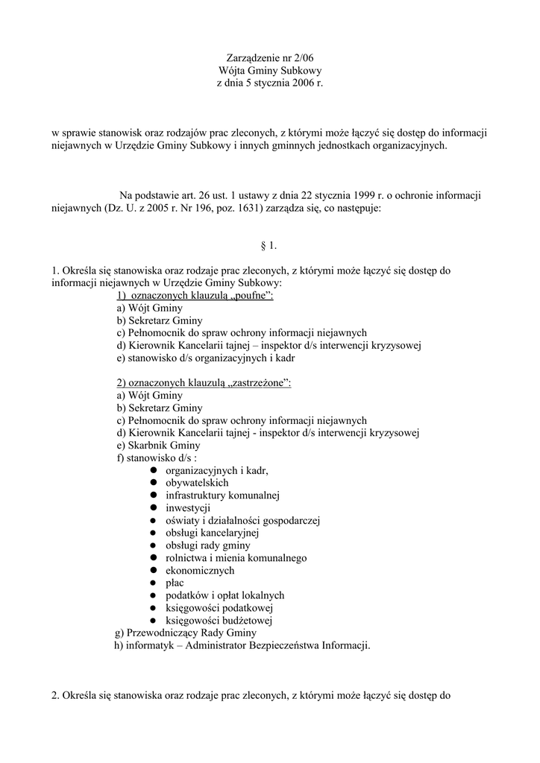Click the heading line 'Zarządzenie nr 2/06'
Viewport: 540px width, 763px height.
coord(269,57)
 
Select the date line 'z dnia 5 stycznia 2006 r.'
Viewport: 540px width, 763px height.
coord(269,83)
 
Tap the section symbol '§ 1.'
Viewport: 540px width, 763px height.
coord(269,245)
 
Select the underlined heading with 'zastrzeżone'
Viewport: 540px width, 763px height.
coord(204,383)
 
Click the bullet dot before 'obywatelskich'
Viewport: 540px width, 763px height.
coord(151,483)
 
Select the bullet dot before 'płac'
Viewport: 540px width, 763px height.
coord(151,583)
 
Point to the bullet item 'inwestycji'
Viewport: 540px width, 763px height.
coord(188,508)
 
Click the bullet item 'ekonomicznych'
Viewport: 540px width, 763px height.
coord(200,571)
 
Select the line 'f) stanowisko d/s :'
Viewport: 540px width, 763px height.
coord(157,458)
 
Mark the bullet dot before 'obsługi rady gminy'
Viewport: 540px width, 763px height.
coord(151,545)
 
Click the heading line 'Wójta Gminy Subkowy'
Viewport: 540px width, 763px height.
coord(269,70)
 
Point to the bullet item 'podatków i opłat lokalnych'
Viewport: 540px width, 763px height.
coord(225,595)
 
